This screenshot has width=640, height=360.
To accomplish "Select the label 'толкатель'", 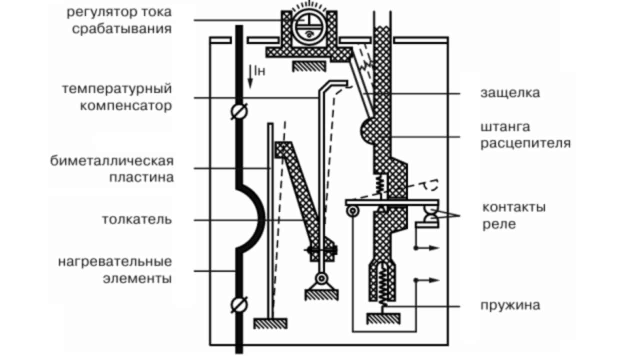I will click(137, 219).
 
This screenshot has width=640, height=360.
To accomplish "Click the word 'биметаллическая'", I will click(111, 161).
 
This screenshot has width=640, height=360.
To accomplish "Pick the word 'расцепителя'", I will click(525, 143).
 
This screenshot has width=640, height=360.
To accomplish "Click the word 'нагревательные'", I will click(115, 261).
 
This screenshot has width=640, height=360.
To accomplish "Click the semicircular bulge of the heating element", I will click(255, 217).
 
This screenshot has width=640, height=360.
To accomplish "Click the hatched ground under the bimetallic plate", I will click(270, 323).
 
